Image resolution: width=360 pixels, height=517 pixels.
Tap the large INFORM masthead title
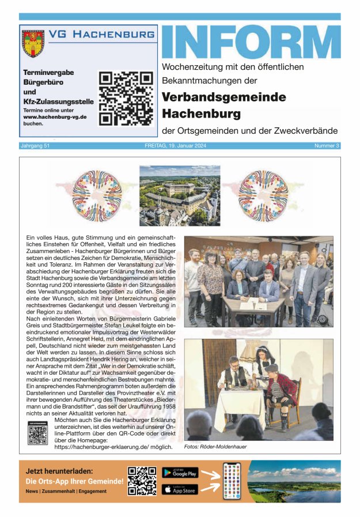point(250,42)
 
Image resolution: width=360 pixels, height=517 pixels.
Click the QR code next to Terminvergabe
point(126,98)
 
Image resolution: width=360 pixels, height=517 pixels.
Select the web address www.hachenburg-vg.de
point(55,116)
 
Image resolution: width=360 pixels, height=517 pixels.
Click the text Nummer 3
point(327,146)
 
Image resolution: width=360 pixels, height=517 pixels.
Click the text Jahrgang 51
point(36,146)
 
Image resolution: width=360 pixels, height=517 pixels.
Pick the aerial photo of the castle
point(179,196)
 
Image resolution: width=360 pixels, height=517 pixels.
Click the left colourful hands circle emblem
point(97,196)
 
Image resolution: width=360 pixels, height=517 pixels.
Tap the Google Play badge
point(180,473)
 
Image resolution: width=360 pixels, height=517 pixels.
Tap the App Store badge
point(180,490)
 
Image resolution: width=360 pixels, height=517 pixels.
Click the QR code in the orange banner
point(142,481)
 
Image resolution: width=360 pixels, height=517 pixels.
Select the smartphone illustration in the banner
point(232,481)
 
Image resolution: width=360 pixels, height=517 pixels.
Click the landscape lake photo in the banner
point(293,481)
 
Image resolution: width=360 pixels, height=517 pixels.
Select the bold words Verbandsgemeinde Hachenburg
point(223,104)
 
